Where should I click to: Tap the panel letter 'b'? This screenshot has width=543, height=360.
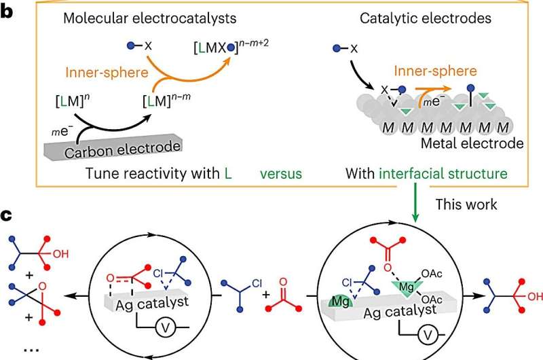[x=7, y=12]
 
